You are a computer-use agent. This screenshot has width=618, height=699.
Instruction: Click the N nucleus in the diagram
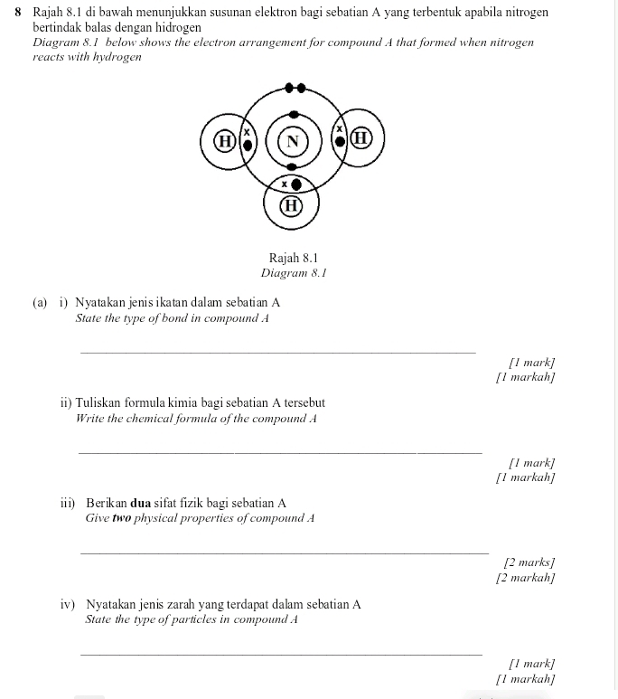pos(291,142)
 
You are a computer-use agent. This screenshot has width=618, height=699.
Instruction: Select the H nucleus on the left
pos(221,141)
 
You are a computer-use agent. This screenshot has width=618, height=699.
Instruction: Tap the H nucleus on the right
pos(360,138)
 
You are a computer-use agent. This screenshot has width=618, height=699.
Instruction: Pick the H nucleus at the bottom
pos(290,205)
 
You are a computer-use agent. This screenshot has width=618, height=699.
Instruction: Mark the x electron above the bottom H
pos(284,184)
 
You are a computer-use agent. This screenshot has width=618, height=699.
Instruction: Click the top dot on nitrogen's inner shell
pos(291,115)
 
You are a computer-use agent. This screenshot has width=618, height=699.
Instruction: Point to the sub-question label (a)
pos(40,303)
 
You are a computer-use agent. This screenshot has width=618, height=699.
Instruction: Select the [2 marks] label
pos(529,562)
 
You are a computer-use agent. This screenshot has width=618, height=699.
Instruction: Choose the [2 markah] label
pos(525,577)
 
